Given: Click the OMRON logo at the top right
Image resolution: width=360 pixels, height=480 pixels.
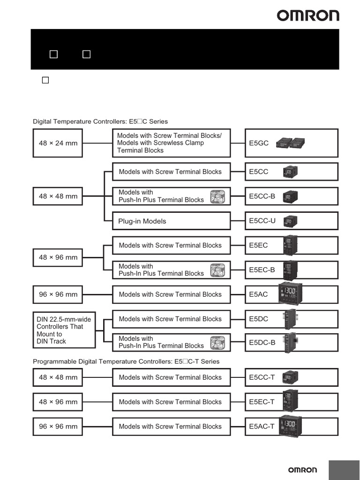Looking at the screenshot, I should (x=307, y=16).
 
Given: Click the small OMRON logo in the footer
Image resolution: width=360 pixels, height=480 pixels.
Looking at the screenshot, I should (x=302, y=470).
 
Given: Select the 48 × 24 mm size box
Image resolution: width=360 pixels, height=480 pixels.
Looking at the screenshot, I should (x=58, y=143).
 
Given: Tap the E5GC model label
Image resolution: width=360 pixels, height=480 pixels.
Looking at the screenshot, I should (x=259, y=143).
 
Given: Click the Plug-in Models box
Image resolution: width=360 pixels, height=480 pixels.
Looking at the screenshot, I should (x=171, y=221).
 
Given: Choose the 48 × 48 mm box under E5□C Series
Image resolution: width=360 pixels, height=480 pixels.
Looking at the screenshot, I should (x=58, y=196).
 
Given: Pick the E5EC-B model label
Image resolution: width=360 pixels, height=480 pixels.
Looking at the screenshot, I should (x=262, y=270).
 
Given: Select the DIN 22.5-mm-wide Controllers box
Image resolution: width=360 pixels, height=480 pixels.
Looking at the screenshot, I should (x=64, y=330).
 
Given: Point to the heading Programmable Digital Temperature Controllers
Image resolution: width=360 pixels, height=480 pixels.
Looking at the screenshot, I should (x=126, y=361).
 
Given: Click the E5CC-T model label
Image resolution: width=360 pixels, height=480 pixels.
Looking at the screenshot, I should (x=262, y=377).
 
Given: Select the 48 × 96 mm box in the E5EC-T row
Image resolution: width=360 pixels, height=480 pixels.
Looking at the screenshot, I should (x=58, y=402).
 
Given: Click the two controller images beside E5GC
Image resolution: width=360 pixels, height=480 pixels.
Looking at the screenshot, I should (x=291, y=143).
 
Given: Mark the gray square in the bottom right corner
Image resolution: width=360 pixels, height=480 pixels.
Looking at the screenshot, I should (x=344, y=470).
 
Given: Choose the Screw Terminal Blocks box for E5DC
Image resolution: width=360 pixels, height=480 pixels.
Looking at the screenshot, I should (x=171, y=319).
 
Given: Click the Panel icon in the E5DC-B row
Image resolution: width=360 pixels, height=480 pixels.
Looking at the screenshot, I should (x=218, y=343).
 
